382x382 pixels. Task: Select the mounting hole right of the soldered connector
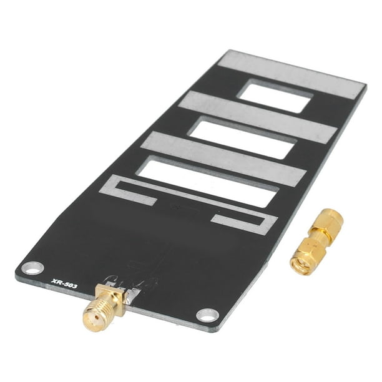click(207, 314)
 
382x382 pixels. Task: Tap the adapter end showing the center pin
click(301, 260)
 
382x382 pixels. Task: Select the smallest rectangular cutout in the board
click(275, 97)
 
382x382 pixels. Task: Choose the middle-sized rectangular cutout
click(242, 139)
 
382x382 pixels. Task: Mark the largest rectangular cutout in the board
click(207, 181)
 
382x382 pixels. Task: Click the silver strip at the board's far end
click(292, 74)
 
